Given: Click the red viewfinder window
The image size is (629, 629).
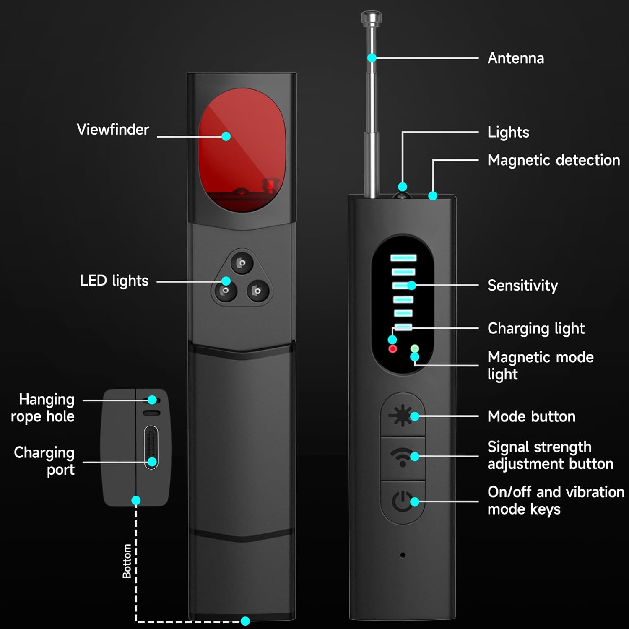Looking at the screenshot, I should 242,150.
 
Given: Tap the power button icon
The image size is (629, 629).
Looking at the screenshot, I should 402,502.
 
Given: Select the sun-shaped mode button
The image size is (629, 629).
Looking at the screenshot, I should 402,416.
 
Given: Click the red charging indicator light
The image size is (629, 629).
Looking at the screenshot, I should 393,349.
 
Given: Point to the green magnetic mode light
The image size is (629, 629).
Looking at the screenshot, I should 415,348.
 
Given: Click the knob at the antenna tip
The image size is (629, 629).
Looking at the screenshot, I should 371,18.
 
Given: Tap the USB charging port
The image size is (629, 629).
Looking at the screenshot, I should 151,447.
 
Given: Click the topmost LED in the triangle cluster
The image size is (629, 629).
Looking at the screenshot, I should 242,263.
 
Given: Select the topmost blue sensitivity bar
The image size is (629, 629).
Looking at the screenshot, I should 403,258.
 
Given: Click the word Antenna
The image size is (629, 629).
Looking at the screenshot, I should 516,58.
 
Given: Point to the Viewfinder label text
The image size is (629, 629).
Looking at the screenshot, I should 113,130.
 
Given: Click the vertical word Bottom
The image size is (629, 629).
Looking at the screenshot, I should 127,561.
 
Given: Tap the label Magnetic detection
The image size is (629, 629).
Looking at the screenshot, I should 554,160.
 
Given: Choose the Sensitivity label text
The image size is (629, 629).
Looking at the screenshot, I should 522,286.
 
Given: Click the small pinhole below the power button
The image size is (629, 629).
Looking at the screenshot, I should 403,555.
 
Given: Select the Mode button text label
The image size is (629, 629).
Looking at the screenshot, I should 531,416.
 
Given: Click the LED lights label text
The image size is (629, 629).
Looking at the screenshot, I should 114,281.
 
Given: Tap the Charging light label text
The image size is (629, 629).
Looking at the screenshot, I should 536,328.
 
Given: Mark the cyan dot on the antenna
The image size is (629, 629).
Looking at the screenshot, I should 372,58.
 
